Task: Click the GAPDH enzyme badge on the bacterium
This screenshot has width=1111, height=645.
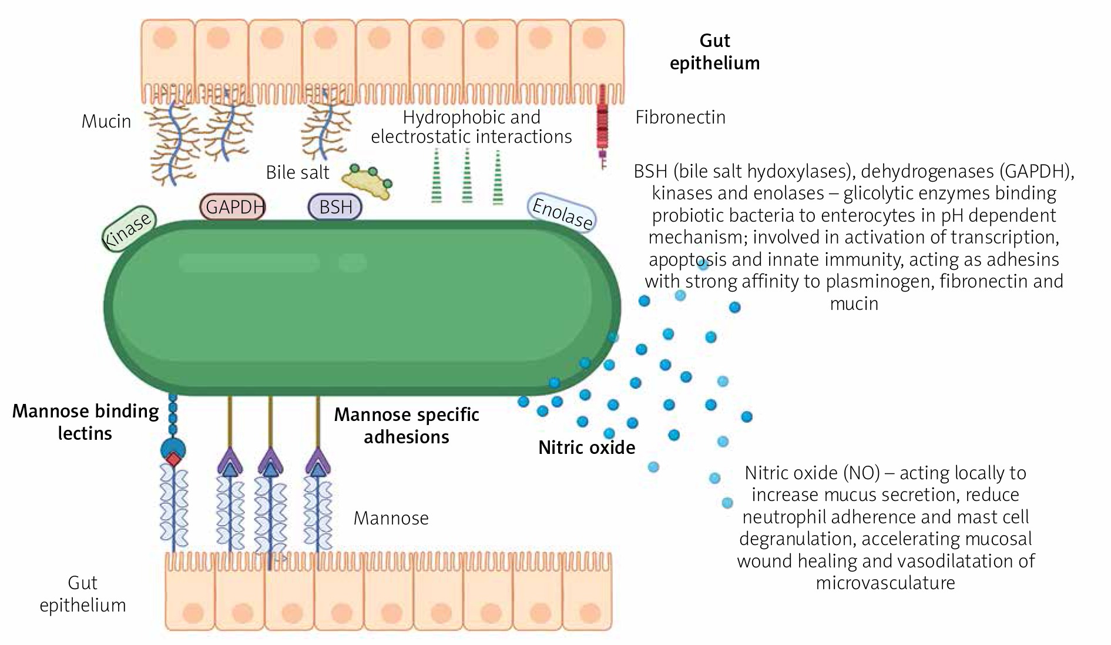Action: click(233, 207)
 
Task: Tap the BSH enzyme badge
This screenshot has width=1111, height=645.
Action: click(335, 207)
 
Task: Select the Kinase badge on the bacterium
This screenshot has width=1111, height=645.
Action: click(127, 229)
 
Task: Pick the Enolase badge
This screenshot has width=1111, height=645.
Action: click(562, 213)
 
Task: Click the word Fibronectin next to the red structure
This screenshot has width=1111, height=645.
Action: click(680, 118)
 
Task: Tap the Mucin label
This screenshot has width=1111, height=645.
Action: click(106, 122)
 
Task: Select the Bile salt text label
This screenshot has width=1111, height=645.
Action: click(297, 173)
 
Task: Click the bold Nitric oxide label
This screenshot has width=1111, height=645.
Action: click(586, 448)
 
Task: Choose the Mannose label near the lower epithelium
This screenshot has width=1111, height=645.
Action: click(391, 519)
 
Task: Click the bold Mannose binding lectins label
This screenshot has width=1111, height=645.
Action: click(86, 422)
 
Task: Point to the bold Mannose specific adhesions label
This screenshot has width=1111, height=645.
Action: click(407, 426)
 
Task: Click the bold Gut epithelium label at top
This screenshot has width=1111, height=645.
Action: click(714, 52)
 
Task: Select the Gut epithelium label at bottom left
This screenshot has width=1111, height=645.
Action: click(82, 594)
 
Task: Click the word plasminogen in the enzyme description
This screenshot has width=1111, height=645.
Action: click(878, 282)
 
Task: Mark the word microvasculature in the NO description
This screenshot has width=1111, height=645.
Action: click(885, 583)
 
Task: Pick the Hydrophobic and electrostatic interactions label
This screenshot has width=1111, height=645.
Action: click(471, 127)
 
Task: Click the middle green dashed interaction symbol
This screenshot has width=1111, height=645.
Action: click(466, 176)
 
